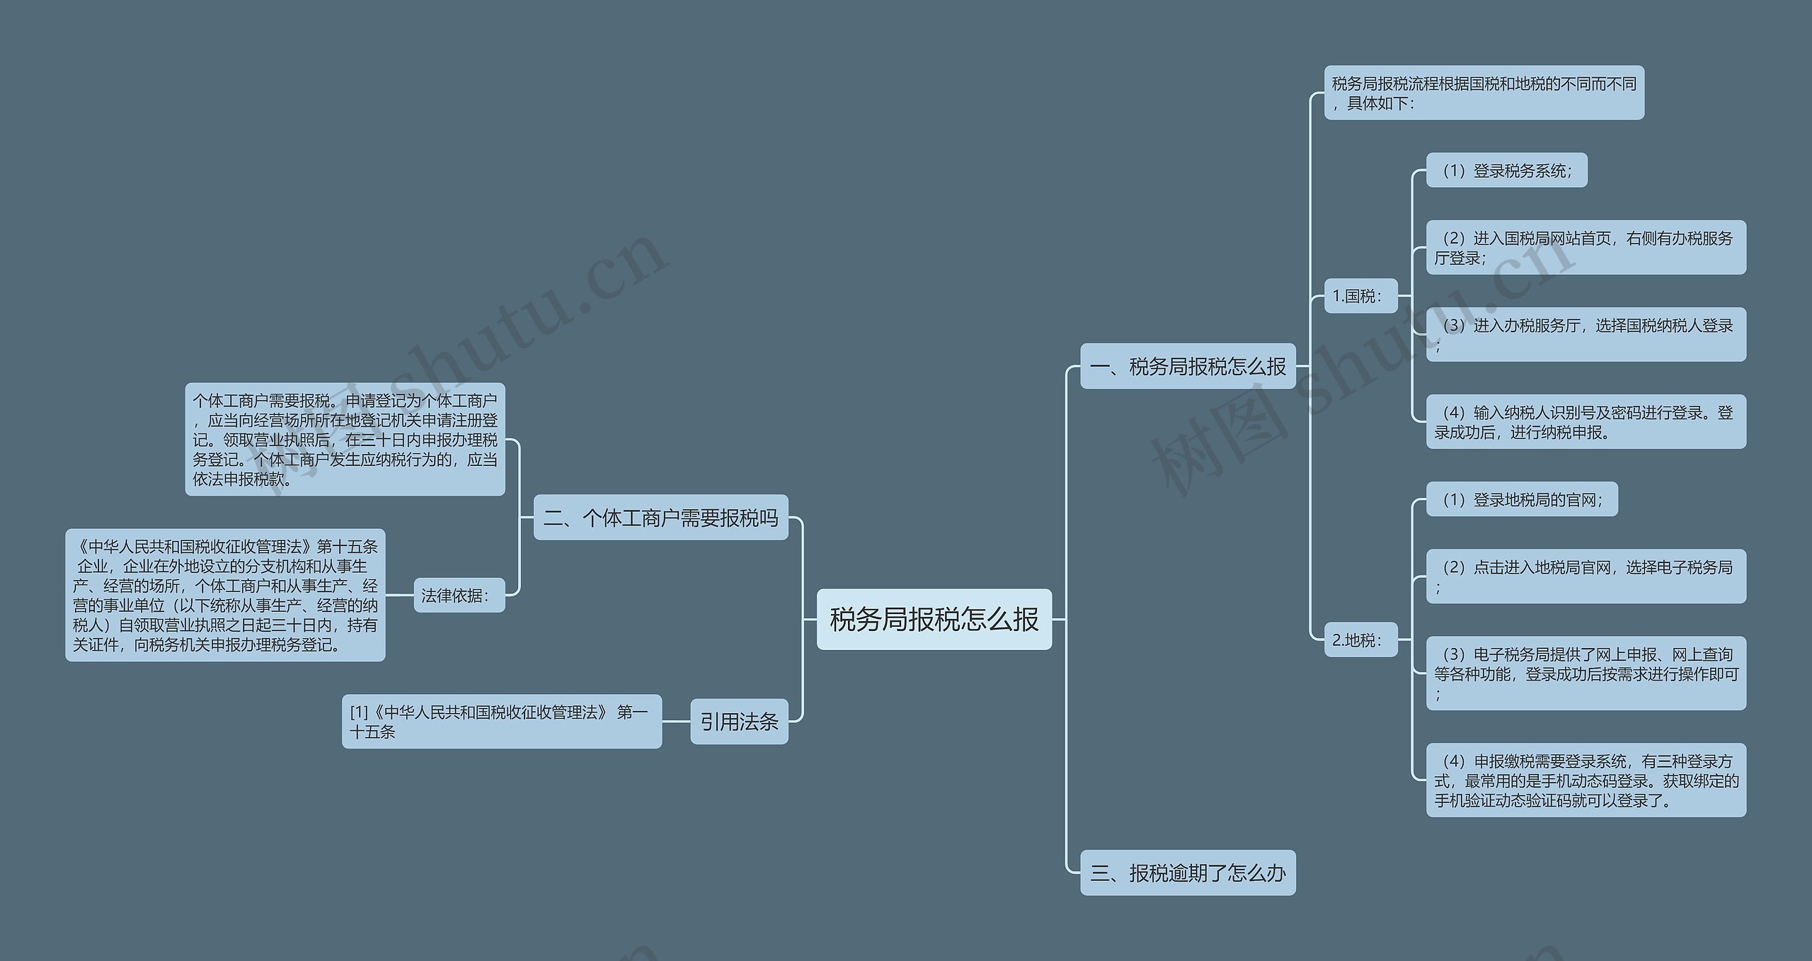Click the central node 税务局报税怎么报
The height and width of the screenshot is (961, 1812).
(x=934, y=619)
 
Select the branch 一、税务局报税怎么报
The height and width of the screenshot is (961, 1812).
(x=1188, y=366)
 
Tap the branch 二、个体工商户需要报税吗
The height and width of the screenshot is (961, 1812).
(x=660, y=518)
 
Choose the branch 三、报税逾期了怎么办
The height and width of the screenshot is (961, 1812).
(x=1188, y=872)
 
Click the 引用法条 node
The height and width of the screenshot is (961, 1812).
(x=739, y=722)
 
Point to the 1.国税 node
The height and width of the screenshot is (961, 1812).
(x=1360, y=296)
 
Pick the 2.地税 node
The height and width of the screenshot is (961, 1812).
(x=1360, y=640)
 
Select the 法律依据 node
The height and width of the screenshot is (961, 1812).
(x=459, y=596)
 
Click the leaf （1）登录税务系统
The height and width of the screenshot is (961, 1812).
(x=1506, y=171)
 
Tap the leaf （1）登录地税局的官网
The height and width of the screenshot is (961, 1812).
(x=1522, y=500)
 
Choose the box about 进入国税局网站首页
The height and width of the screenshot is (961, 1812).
(x=1585, y=248)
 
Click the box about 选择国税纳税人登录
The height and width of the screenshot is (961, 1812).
(x=1585, y=334)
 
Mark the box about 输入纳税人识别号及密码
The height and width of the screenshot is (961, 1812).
(x=1585, y=422)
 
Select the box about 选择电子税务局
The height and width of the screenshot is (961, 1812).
(x=1585, y=576)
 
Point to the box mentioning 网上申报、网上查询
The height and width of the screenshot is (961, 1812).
(x=1585, y=673)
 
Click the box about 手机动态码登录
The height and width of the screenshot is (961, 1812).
(x=1585, y=780)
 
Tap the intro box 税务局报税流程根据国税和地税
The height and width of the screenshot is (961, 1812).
(x=1484, y=93)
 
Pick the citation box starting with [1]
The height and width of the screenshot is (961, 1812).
(x=502, y=722)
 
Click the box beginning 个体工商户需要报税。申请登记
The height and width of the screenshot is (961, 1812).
(x=345, y=440)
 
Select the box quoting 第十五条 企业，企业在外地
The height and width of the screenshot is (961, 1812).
(x=225, y=596)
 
